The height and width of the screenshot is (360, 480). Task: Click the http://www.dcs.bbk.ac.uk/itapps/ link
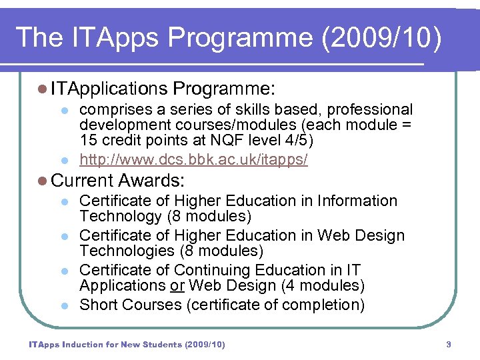193,160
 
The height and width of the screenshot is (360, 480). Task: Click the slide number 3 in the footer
449,345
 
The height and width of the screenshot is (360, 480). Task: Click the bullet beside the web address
65,161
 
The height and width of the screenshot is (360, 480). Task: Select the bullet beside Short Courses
65,305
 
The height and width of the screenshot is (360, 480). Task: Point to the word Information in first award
357,201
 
